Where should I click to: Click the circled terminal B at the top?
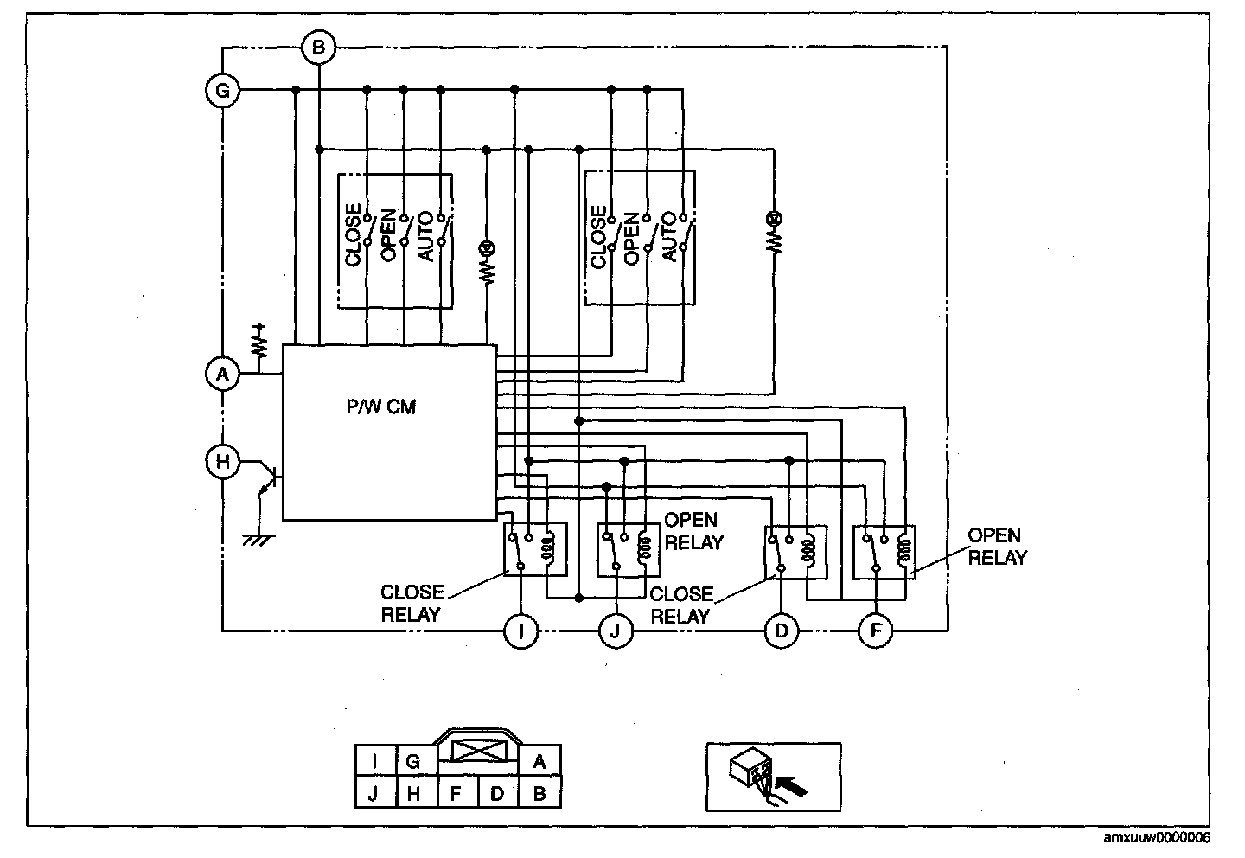[318, 48]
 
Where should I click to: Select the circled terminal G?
[222, 90]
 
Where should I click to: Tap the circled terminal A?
[222, 374]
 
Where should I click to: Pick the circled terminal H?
[222, 462]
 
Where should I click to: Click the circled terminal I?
[520, 631]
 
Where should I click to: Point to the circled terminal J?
[616, 631]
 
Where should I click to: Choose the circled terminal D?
[782, 631]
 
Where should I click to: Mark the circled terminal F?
[875, 631]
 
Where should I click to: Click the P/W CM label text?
[381, 407]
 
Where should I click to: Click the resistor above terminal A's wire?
[259, 340]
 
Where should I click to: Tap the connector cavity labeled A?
[539, 760]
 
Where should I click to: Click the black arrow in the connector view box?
[791, 785]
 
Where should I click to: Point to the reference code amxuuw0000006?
[1157, 837]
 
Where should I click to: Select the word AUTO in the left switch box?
[425, 236]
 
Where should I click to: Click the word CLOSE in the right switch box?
[598, 237]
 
